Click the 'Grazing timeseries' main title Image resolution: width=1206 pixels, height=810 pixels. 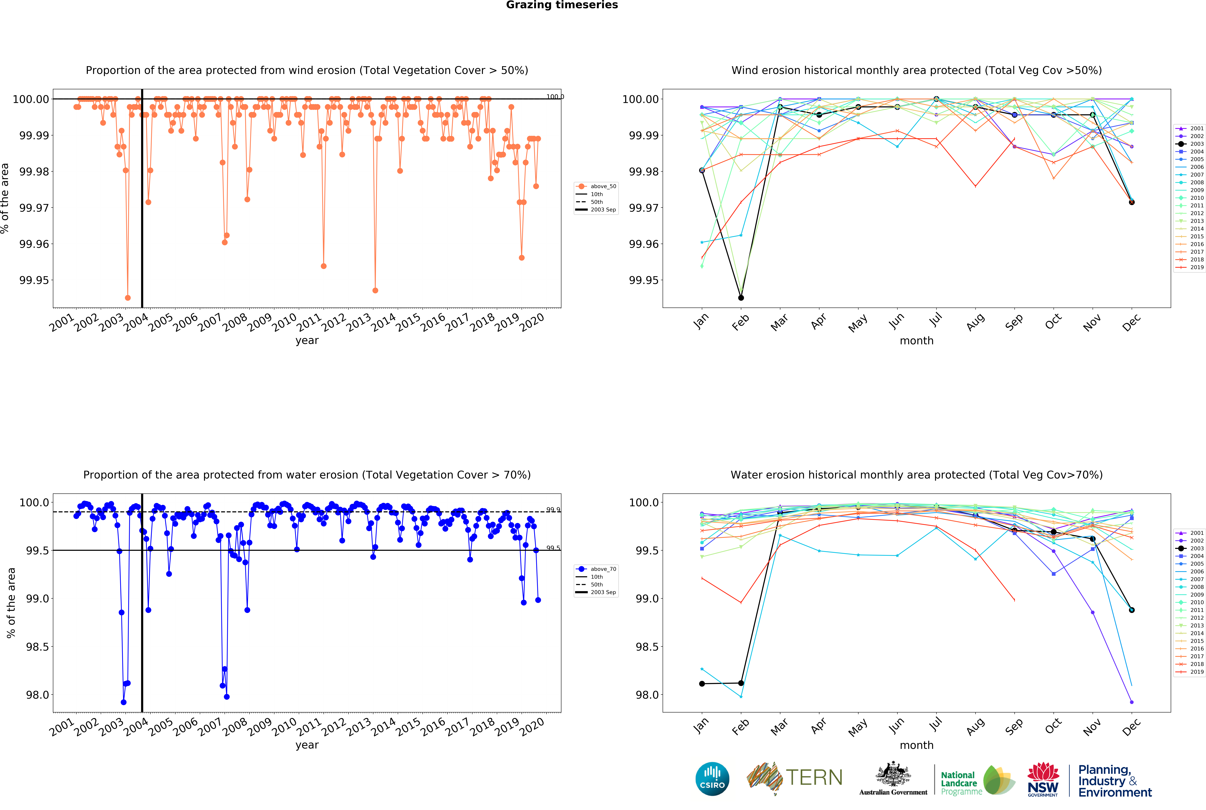562,5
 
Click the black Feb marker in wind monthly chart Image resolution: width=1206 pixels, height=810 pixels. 741,298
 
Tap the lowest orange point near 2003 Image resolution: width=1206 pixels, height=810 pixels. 128,298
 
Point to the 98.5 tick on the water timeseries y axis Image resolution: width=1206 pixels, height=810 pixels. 37,647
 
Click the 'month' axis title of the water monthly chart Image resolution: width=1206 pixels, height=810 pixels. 917,745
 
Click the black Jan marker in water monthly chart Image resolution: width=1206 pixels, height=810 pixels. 702,683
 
